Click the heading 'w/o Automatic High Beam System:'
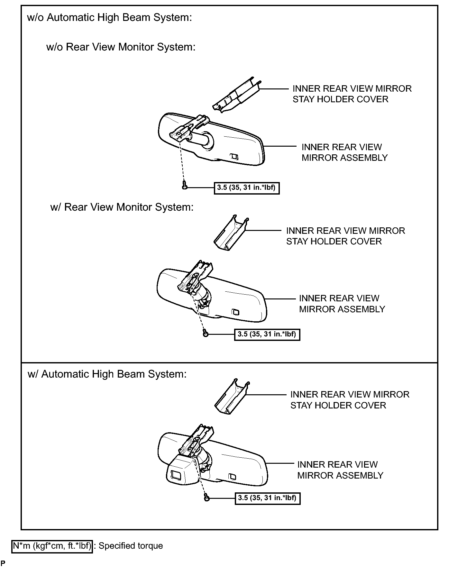pyautogui.click(x=109, y=17)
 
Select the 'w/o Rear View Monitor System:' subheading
pyautogui.click(x=121, y=47)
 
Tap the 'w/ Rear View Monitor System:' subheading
pyautogui.click(x=122, y=207)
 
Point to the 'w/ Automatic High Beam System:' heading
pyautogui.click(x=107, y=374)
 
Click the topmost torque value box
pyautogui.click(x=247, y=188)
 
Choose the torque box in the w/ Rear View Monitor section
pyautogui.click(x=267, y=334)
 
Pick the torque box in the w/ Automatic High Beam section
pyautogui.click(x=268, y=498)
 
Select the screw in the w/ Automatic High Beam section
pyautogui.click(x=206, y=498)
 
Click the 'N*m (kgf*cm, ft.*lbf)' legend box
pyautogui.click(x=52, y=546)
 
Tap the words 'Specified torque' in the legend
pyautogui.click(x=131, y=546)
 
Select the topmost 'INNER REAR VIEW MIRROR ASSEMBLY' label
pyautogui.click(x=344, y=152)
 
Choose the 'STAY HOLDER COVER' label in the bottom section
pyautogui.click(x=338, y=406)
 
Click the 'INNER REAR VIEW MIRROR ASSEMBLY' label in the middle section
pyautogui.click(x=342, y=304)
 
